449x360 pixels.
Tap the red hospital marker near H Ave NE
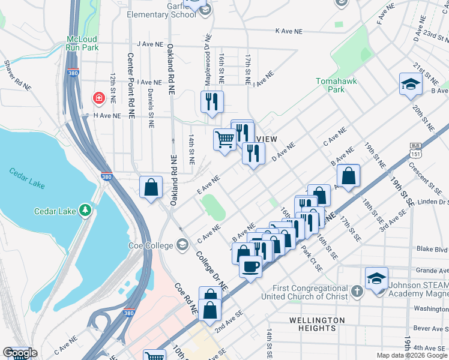pos(97,97)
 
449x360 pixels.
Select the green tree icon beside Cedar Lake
pos(85,210)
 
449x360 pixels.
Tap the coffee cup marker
pos(250,265)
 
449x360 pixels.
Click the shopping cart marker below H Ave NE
pos(224,140)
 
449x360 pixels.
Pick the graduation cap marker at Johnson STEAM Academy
pos(376,278)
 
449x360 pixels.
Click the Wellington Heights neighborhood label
pos(317,324)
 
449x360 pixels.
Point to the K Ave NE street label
pos(291,30)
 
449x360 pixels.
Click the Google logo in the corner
pos(20,353)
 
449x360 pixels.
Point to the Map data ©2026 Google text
pos(412,355)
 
